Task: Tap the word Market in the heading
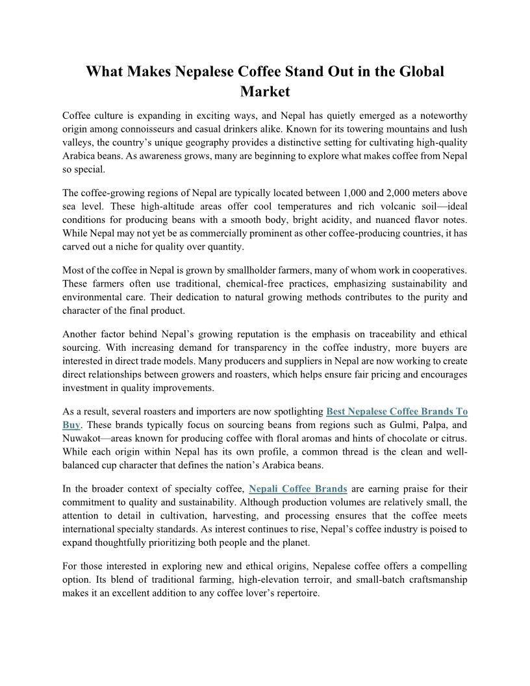click(264, 92)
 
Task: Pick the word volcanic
click(378, 207)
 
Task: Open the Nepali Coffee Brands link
click(297, 489)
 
